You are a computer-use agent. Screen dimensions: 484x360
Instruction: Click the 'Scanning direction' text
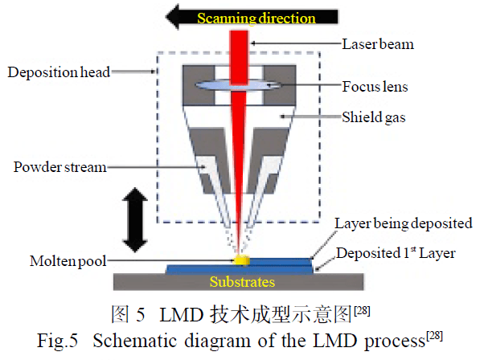256,18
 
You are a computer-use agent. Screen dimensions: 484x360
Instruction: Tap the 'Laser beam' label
378,44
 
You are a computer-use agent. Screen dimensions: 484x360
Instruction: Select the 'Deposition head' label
59,72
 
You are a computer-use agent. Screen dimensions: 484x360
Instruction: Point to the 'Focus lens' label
375,86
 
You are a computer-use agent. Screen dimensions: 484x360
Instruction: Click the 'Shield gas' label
374,117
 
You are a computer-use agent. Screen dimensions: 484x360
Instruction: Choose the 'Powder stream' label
59,167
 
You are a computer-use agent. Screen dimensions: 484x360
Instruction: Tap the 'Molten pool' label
68,261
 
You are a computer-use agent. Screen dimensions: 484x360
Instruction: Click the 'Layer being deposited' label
404,223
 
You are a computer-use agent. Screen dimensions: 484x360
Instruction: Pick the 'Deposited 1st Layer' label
396,253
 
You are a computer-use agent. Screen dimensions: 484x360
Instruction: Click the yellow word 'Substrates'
242,282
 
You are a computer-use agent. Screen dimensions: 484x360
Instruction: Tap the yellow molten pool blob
242,260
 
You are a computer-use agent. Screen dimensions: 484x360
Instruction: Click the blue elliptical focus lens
238,85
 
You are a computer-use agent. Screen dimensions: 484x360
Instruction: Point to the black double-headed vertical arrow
135,219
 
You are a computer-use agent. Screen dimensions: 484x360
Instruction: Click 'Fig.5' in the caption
57,342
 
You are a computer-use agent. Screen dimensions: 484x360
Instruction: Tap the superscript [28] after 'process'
435,336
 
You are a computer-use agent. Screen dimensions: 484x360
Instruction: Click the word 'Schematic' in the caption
136,342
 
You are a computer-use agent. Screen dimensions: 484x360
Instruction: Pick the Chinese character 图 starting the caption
120,314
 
